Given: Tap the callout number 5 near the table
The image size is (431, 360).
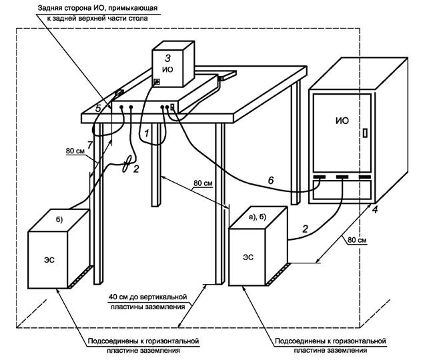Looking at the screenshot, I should tap(97, 107).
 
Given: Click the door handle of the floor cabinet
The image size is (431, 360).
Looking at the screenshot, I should tap(364, 133).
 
